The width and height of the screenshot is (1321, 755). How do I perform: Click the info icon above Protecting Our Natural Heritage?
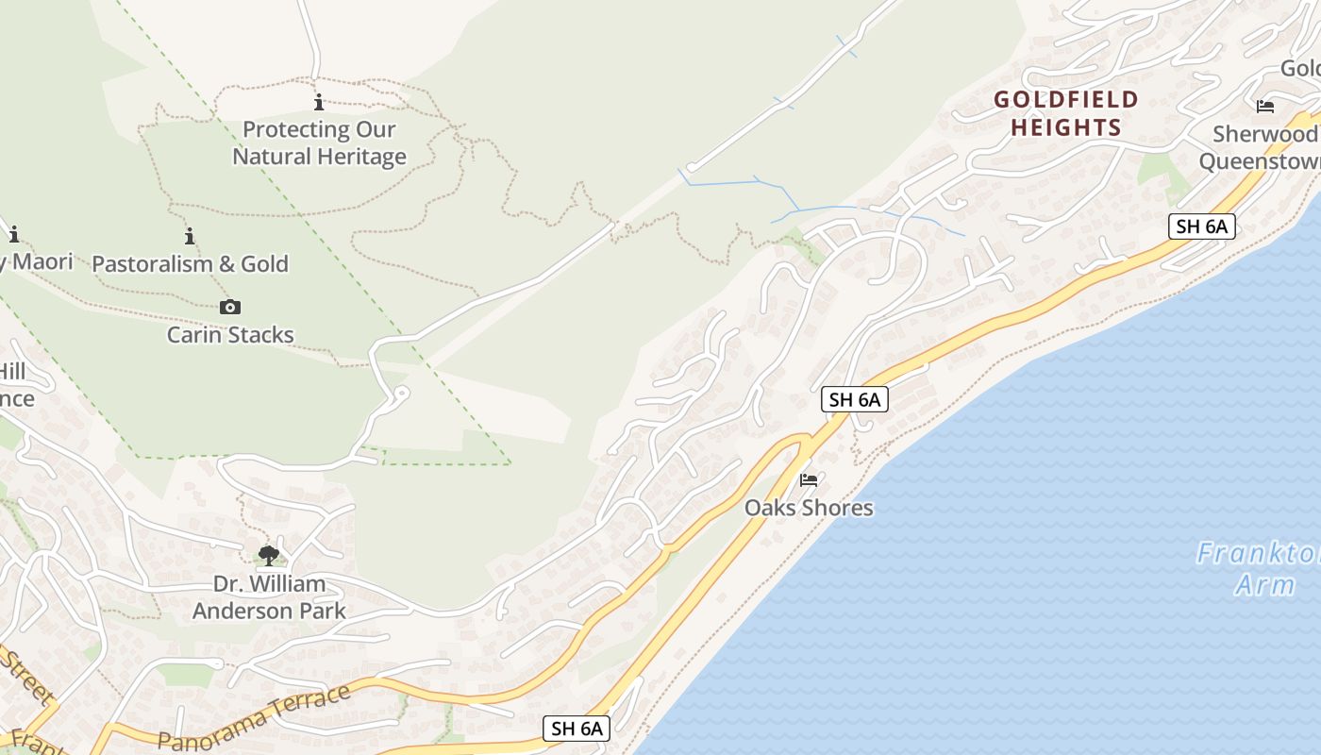(x=319, y=102)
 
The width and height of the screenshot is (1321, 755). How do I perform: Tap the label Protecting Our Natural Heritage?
(x=319, y=143)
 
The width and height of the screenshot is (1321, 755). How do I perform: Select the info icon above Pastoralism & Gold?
(x=190, y=236)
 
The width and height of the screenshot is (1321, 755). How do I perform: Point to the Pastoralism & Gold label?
(x=190, y=264)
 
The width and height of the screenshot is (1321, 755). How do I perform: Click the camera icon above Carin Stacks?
(x=230, y=307)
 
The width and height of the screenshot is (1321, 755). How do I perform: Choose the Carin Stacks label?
(x=230, y=335)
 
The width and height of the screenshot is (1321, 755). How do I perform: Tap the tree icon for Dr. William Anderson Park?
(x=269, y=555)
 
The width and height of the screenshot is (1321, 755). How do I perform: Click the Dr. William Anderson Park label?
(x=269, y=597)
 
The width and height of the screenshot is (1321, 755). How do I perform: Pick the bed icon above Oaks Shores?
(x=809, y=479)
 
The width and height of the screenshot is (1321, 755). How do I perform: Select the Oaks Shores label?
(x=809, y=508)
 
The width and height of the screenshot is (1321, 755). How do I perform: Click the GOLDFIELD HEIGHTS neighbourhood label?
(x=1066, y=113)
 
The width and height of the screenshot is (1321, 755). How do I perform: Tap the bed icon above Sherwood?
(x=1265, y=107)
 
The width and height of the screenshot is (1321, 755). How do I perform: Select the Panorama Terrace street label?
(x=255, y=717)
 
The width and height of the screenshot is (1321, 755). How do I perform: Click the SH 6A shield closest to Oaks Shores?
(x=855, y=399)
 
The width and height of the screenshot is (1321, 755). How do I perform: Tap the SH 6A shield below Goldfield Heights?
(x=1201, y=226)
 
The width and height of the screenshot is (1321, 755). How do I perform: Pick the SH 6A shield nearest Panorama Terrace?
(x=577, y=729)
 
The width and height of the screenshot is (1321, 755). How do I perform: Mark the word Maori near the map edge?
(x=42, y=261)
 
